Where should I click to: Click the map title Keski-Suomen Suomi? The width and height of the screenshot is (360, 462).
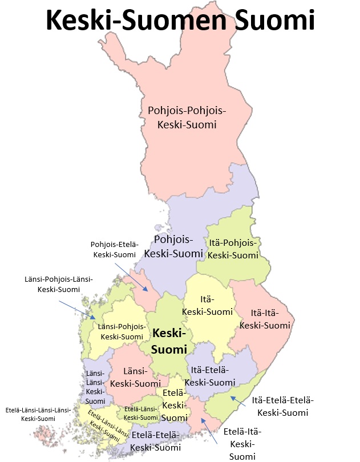pos(180,21)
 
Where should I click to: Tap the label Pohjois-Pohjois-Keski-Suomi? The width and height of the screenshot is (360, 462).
pos(187,117)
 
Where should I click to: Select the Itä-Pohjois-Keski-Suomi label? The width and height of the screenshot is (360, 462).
pos(233,249)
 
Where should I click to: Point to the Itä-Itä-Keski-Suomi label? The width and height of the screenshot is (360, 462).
pos(265,318)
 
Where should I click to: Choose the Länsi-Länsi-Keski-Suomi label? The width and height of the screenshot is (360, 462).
pos(94,383)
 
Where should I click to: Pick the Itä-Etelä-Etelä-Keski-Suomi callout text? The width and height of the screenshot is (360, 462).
pos(282,406)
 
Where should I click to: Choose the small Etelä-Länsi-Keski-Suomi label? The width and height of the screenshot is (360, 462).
pos(141,414)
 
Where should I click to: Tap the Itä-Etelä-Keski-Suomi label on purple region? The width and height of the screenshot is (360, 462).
pos(213,376)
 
